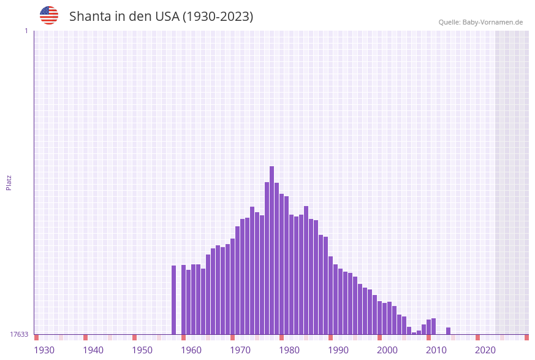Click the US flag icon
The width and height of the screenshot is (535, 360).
coord(49,15)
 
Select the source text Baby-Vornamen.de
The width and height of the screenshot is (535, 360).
coord(493,22)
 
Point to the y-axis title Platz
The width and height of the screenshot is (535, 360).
coord(9,182)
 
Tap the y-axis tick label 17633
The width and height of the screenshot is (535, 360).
coord(19,334)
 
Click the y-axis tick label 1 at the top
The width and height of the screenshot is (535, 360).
coord(26,31)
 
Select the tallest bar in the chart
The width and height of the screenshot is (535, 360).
coord(271,250)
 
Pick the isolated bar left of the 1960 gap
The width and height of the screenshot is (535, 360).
coord(173,300)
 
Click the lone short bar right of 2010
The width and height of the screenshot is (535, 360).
coord(448,331)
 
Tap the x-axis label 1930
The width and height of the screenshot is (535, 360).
coord(44,350)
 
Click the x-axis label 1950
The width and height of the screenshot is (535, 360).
coord(142,350)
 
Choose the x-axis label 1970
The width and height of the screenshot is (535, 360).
coord(240,350)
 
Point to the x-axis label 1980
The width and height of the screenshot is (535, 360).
coord(289,350)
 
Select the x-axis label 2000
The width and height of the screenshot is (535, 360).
coord(387,350)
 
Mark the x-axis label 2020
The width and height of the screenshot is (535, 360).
coord(485,350)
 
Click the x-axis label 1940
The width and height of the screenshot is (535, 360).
coord(93,350)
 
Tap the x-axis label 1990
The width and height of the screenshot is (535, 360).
coord(338,350)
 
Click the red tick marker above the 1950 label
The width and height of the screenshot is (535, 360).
coord(134,337)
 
